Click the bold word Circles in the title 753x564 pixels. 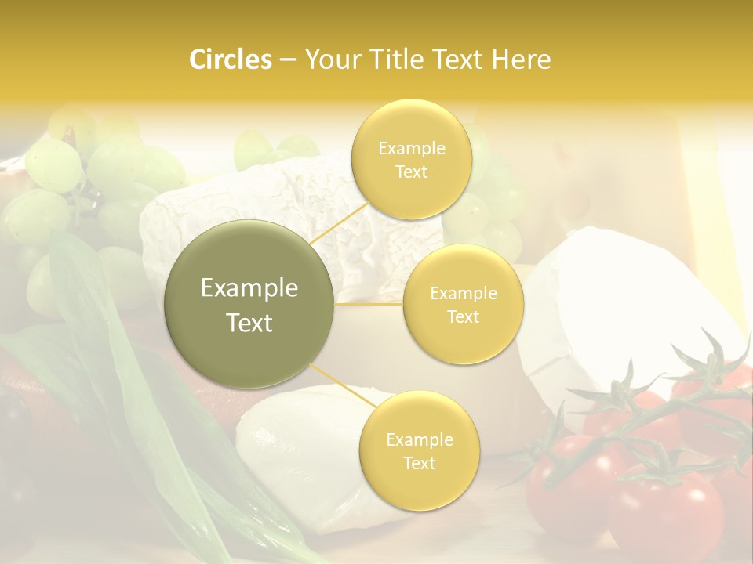coord(231,60)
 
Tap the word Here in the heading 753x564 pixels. coord(522,60)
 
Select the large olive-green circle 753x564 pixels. coord(249,304)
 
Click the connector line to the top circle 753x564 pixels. coord(339,228)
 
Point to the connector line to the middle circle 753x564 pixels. coord(369,304)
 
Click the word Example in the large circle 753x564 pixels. coord(249,288)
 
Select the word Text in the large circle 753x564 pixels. coord(249,323)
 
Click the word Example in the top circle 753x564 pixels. coord(411,148)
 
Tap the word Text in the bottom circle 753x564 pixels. coord(419,463)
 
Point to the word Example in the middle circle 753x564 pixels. coord(463,294)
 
